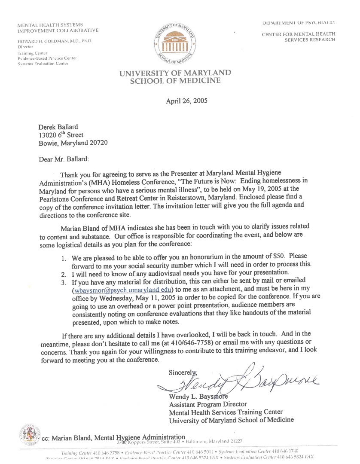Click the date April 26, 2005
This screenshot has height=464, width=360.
click(x=186, y=101)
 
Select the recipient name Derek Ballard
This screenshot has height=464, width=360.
click(x=58, y=127)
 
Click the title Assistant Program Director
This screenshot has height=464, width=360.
click(x=208, y=404)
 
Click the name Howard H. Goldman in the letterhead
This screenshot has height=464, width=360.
click(x=55, y=41)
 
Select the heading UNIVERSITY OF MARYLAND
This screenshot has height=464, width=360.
click(x=175, y=73)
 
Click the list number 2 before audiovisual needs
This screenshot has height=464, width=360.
click(x=63, y=274)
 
